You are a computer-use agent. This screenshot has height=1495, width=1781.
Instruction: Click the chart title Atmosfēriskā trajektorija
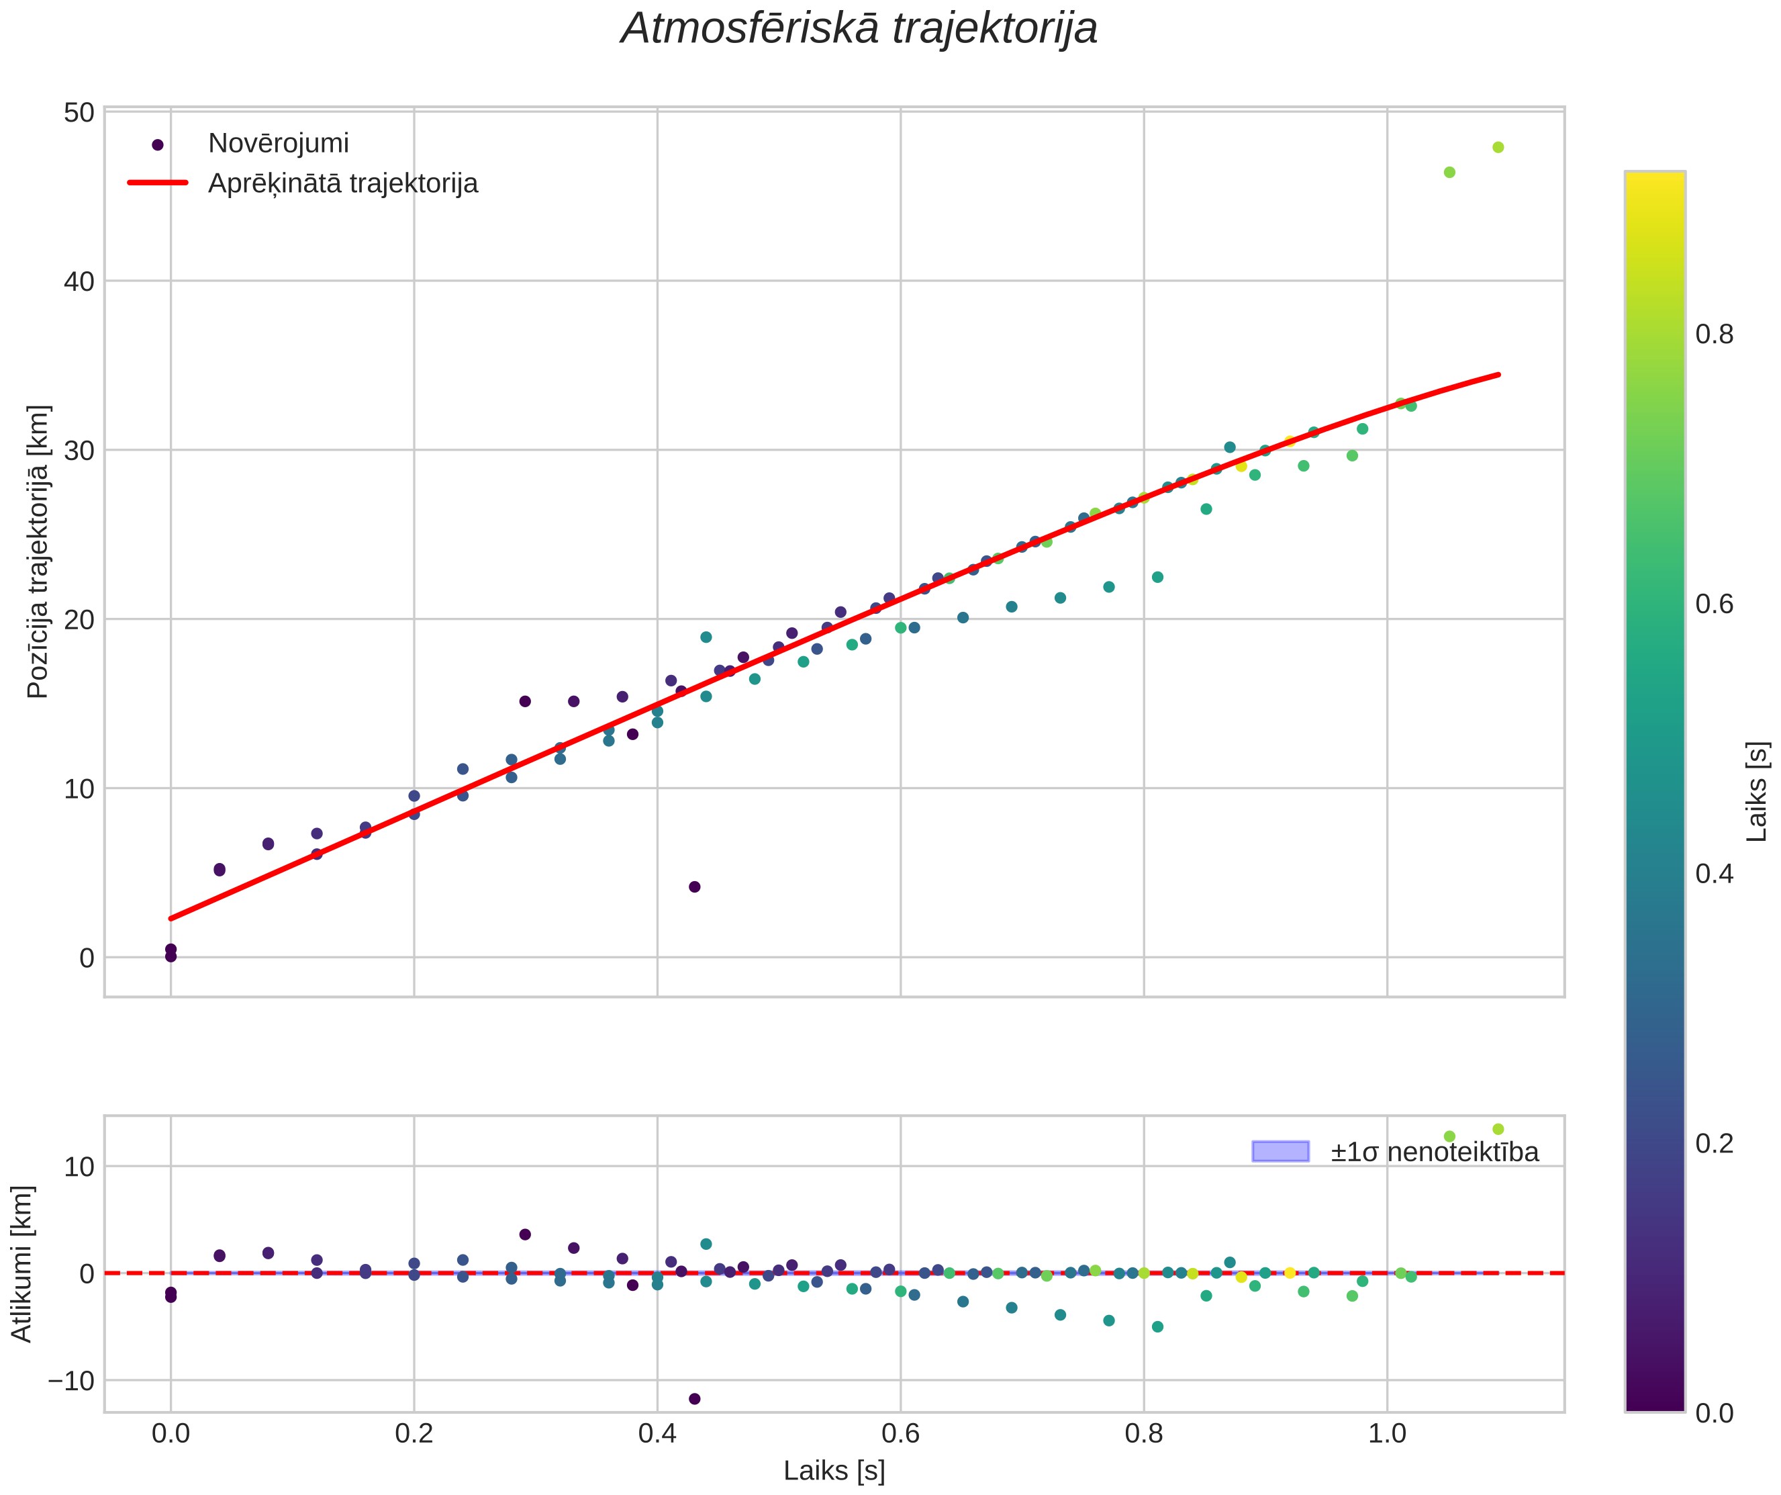pyautogui.click(x=859, y=29)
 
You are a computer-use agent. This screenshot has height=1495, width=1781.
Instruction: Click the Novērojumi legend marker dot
pyautogui.click(x=157, y=145)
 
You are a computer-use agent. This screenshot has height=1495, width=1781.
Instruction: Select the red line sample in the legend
pyautogui.click(x=157, y=183)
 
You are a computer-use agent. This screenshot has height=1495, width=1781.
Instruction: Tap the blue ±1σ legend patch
pyautogui.click(x=1281, y=1151)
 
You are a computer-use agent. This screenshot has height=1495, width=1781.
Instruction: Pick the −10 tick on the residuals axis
pyautogui.click(x=70, y=1380)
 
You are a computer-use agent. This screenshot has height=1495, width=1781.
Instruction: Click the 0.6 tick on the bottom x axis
pyautogui.click(x=901, y=1434)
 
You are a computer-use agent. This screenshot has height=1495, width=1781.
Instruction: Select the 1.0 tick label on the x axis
pyautogui.click(x=1388, y=1434)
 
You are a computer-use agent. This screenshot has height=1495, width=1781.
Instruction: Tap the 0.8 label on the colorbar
pyautogui.click(x=1715, y=335)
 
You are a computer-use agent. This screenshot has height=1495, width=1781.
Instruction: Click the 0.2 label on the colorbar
pyautogui.click(x=1715, y=1143)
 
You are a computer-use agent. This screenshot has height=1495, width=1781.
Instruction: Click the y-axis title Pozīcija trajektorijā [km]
pyautogui.click(x=38, y=551)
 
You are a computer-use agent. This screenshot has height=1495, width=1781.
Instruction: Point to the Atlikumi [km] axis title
pyautogui.click(x=21, y=1264)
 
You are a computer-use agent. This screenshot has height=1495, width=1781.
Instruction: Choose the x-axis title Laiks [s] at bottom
pyautogui.click(x=834, y=1470)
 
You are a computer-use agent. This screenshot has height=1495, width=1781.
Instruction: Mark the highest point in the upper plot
pyautogui.click(x=1498, y=148)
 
